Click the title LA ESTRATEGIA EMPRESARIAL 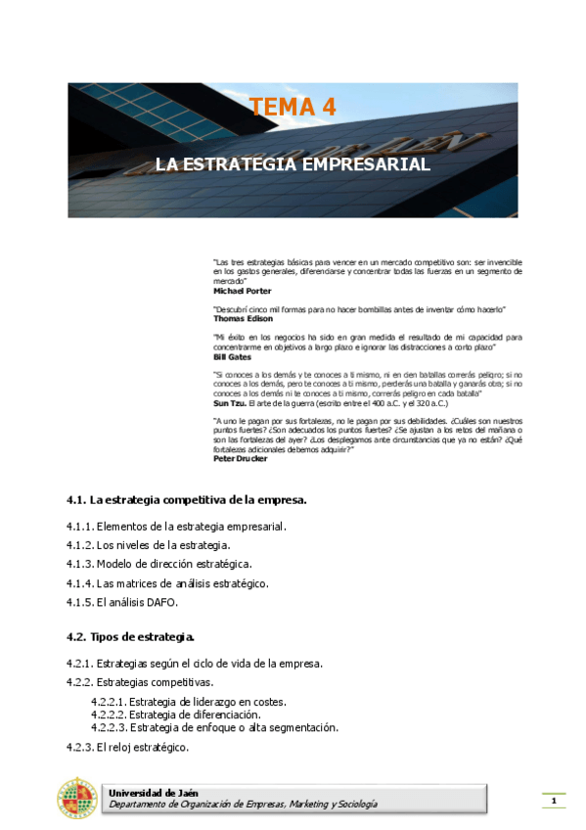[293, 164]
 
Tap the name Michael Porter [243, 291]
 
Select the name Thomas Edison [244, 318]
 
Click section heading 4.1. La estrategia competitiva [186, 499]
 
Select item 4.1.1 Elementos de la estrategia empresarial [176, 527]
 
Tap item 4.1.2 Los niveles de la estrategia [149, 545]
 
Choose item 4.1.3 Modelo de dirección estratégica [158, 564]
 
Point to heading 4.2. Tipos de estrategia [130, 636]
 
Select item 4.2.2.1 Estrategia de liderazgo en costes [189, 702]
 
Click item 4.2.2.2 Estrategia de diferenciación [175, 715]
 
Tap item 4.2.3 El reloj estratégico [127, 748]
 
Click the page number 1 [554, 803]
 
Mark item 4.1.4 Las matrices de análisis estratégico [167, 583]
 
